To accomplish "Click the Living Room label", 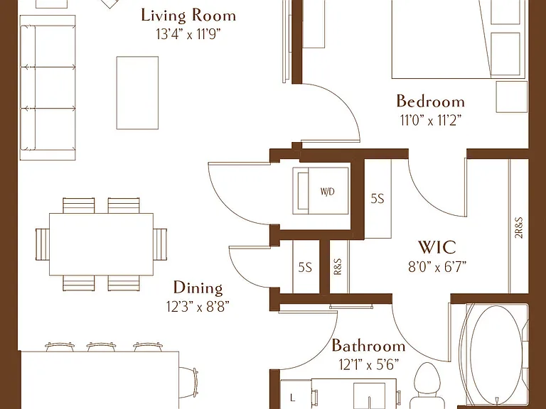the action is point(188,16).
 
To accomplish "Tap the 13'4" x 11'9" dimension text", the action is point(188,34).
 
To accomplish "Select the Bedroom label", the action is point(430,102).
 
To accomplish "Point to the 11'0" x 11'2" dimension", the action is point(431,120).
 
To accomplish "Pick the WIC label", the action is point(437,247).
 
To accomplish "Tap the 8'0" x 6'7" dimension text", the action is point(437,267).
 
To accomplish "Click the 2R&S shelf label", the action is point(519,227).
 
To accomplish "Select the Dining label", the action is point(198,288).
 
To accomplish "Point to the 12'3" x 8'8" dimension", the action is point(198,307).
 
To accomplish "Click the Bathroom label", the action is point(368,346).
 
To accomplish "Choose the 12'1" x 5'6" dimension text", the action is point(368,364).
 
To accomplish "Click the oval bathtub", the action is point(496,355).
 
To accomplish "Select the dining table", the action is point(102,244).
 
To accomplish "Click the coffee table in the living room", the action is point(137,93).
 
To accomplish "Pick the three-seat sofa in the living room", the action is point(48,87).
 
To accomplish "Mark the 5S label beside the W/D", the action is point(377,199).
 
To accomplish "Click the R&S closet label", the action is point(338,266).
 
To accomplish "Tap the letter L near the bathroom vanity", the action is point(291,397).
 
